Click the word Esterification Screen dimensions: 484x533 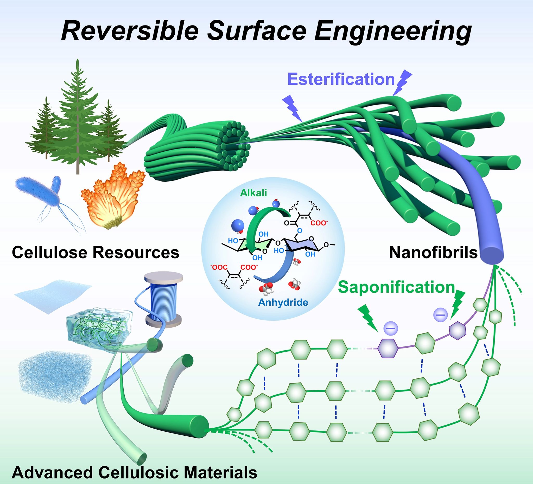(x=341, y=79)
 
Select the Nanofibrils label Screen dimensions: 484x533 (x=433, y=253)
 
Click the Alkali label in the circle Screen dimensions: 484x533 (x=253, y=193)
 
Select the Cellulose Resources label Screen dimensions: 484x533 (x=96, y=252)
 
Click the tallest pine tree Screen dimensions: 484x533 (x=77, y=119)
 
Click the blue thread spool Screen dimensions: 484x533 (x=163, y=299)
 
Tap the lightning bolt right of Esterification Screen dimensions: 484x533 (x=402, y=82)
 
